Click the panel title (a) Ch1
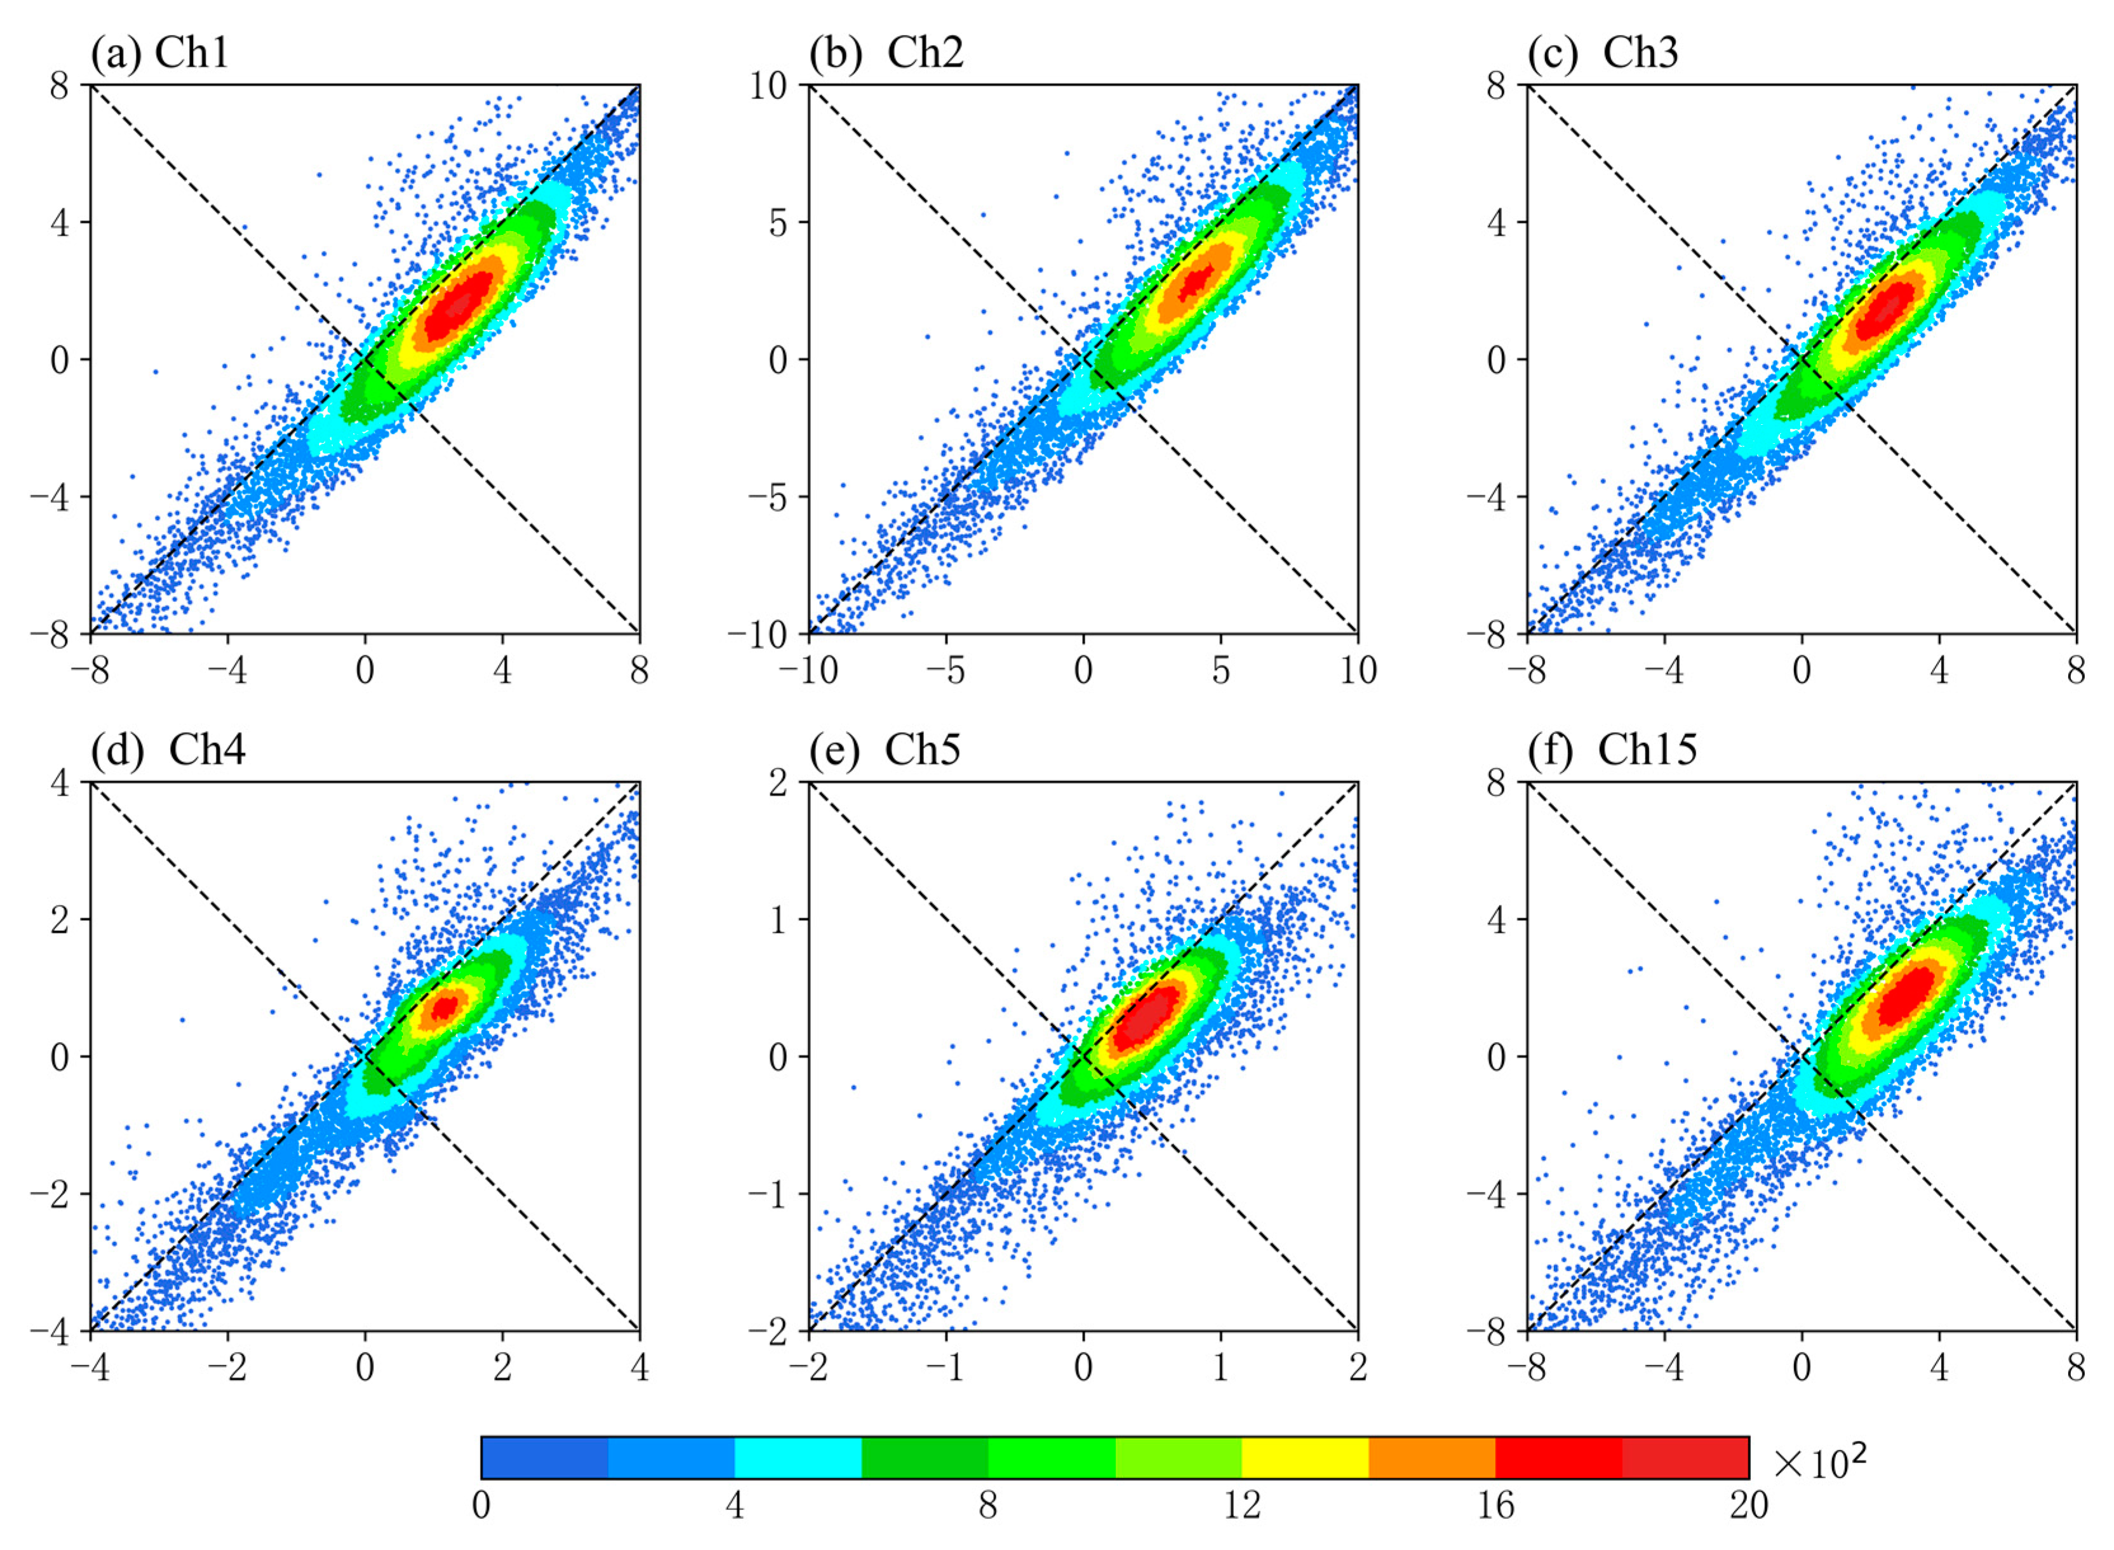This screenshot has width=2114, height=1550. [159, 53]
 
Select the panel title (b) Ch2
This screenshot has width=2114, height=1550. [886, 53]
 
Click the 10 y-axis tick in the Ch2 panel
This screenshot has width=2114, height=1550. [768, 85]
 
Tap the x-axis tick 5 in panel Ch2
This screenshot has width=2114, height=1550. [1220, 670]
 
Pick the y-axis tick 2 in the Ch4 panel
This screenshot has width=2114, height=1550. [60, 919]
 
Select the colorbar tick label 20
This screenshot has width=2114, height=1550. [1748, 1505]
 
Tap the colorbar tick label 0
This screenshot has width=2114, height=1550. [481, 1505]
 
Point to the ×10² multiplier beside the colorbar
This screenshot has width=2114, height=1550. [1817, 1461]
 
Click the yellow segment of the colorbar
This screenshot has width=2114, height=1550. [1304, 1457]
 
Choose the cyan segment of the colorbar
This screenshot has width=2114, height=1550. [798, 1457]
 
